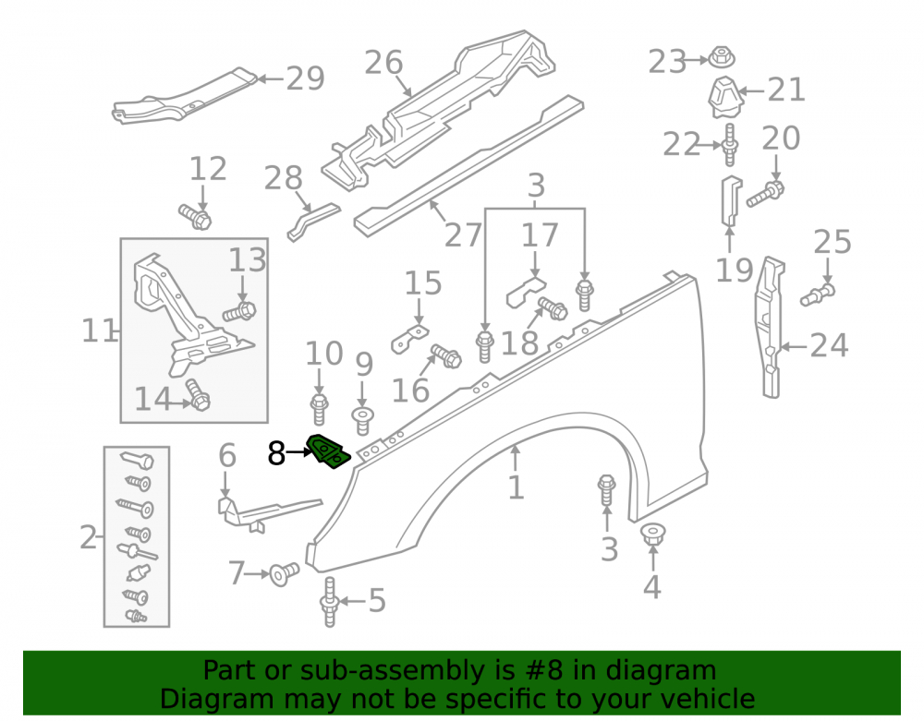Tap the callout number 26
click(x=383, y=63)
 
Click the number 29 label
click(x=305, y=78)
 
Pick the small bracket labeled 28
click(x=313, y=222)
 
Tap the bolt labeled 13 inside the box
click(x=239, y=311)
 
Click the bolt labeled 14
click(x=198, y=394)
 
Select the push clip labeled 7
click(x=284, y=573)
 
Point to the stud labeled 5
click(x=329, y=602)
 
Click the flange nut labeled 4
click(x=652, y=535)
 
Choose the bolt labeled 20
click(x=765, y=194)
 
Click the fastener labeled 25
click(x=818, y=294)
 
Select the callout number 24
click(x=829, y=345)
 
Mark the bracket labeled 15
click(x=409, y=340)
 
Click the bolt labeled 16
click(x=446, y=356)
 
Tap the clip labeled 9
click(x=362, y=420)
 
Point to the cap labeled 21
click(x=724, y=97)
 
